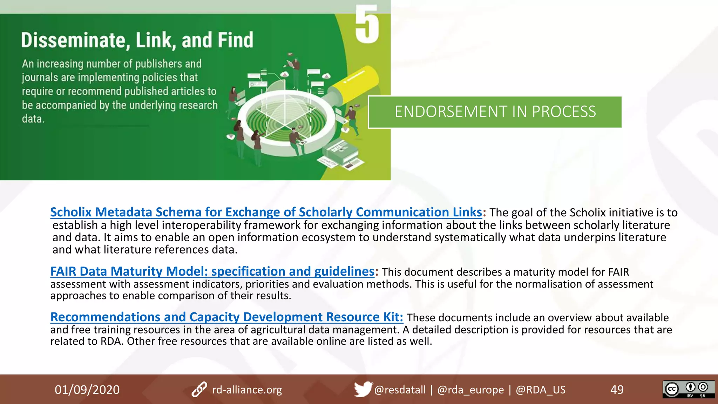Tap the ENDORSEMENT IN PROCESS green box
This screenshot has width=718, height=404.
pos(495,112)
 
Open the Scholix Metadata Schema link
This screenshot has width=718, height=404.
pos(266,212)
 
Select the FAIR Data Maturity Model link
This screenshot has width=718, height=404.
pos(212,271)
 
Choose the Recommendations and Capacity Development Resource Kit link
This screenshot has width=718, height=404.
pos(226,317)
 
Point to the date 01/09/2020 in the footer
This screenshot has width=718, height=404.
pos(87,390)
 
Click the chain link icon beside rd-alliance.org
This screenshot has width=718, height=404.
pos(199,390)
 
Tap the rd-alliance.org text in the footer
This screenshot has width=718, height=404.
pos(247,390)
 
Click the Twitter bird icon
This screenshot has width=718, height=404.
pos(363,389)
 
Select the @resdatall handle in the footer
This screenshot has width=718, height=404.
pos(400,390)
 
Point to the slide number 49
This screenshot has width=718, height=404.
pos(617,390)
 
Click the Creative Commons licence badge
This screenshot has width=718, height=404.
pos(688,389)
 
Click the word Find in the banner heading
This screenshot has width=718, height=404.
pos(235,40)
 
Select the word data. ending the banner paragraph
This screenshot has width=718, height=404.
pos(33,119)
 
